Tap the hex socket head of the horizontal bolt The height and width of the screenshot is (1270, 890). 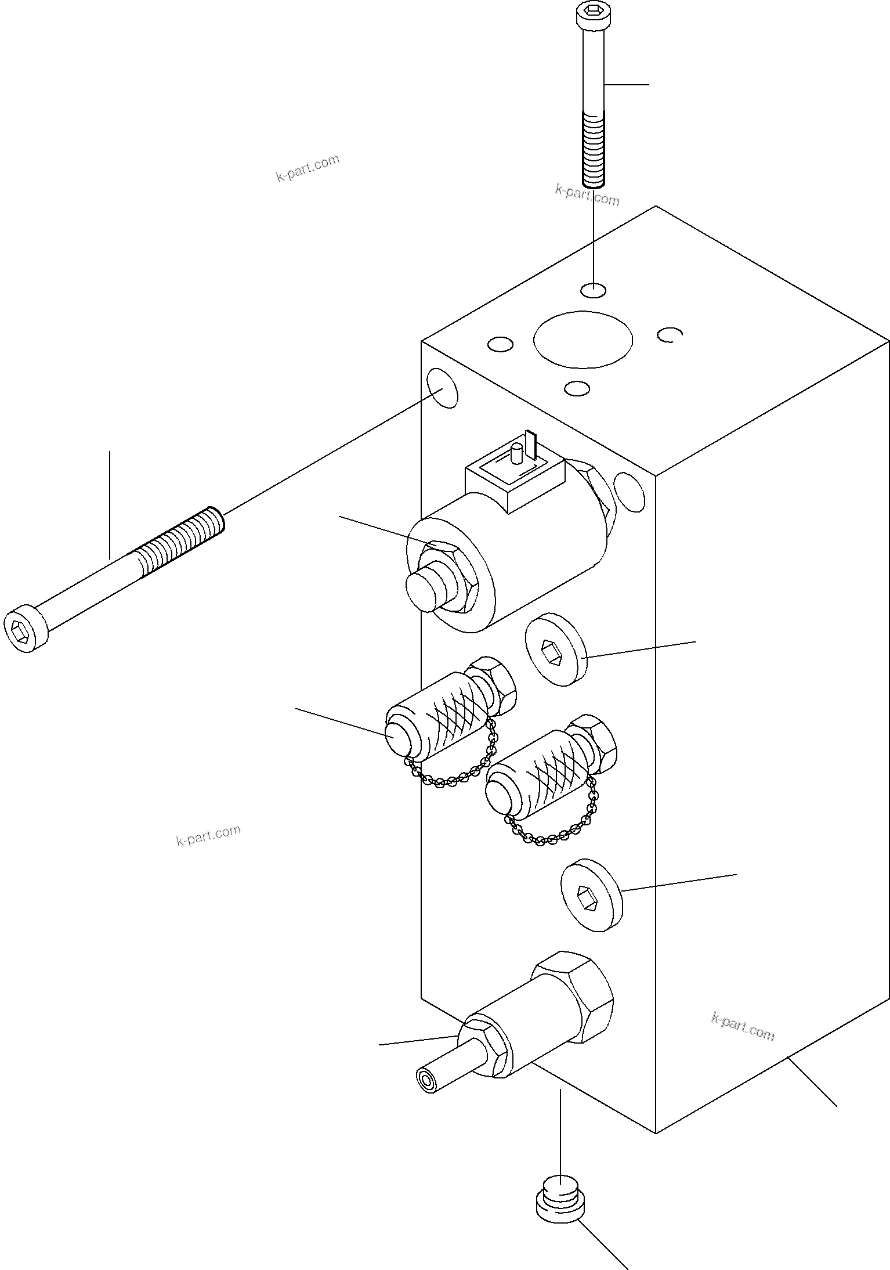tap(20, 629)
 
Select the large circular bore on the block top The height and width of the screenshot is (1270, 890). tap(583, 340)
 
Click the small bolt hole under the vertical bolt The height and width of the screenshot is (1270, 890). tap(592, 290)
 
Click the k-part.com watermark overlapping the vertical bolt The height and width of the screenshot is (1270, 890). tap(587, 195)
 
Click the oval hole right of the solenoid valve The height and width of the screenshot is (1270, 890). tap(629, 492)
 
